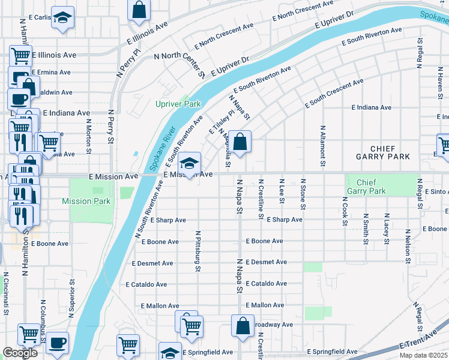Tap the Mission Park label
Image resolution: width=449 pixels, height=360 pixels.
[86, 202]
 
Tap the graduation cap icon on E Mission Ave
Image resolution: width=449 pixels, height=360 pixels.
[189, 164]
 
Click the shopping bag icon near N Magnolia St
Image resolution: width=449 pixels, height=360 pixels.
[240, 143]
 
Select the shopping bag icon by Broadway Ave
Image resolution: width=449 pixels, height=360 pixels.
[243, 327]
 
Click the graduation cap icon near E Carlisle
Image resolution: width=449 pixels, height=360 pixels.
[62, 19]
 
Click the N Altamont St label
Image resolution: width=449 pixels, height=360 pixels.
[323, 146]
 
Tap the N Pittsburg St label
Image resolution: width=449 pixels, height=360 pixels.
[197, 251]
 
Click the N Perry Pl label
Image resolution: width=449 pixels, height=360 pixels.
[136, 53]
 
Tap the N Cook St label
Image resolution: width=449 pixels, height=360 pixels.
[345, 211]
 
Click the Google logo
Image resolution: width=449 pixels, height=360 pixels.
[20, 353]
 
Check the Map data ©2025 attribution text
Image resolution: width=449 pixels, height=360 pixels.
[424, 355]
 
